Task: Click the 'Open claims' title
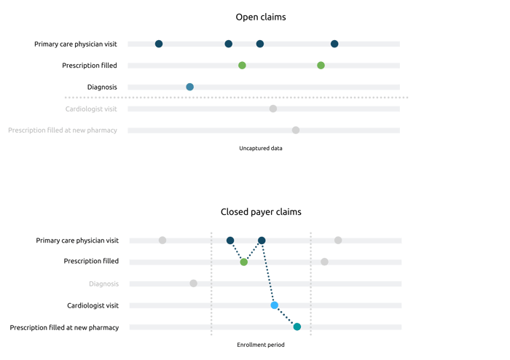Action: (x=261, y=17)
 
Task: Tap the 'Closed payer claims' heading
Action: (x=261, y=212)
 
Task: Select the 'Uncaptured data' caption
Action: (x=261, y=148)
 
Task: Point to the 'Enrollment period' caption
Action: (x=261, y=345)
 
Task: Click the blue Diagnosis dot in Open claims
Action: (x=190, y=87)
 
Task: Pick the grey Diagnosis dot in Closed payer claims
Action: (x=194, y=283)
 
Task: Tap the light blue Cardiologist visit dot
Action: (x=275, y=305)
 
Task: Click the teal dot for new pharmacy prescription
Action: (x=297, y=326)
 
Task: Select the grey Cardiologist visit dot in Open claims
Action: (x=273, y=109)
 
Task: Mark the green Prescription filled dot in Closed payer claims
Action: (x=243, y=262)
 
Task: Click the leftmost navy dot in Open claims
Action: (x=159, y=44)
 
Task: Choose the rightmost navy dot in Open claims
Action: (x=334, y=44)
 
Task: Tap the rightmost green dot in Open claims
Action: (x=321, y=66)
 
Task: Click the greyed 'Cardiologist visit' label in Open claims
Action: (x=91, y=109)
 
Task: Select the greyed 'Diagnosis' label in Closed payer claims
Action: (x=103, y=284)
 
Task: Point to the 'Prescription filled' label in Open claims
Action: (x=90, y=66)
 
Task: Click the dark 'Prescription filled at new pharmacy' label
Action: (x=64, y=327)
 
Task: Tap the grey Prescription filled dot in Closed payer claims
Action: (x=324, y=262)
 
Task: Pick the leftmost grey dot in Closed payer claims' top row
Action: (x=162, y=240)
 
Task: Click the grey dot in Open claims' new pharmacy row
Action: (x=296, y=130)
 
